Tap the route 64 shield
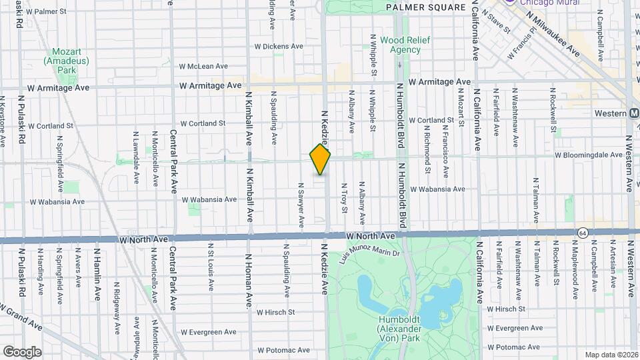pyautogui.click(x=583, y=232)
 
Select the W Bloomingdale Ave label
pyautogui.click(x=588, y=155)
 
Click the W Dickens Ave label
pyautogui.click(x=279, y=47)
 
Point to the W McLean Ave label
pyautogui.click(x=204, y=66)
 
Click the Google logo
pyautogui.click(x=22, y=351)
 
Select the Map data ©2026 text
pyautogui.click(x=611, y=355)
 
